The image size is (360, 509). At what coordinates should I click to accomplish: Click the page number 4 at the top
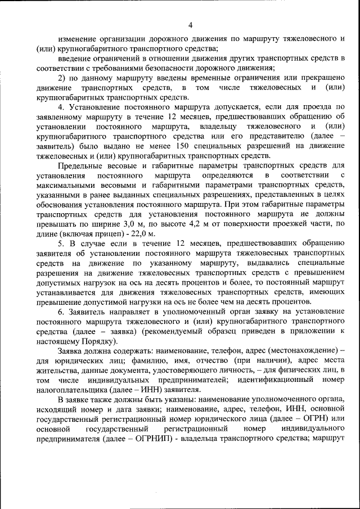(x=190, y=25)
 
